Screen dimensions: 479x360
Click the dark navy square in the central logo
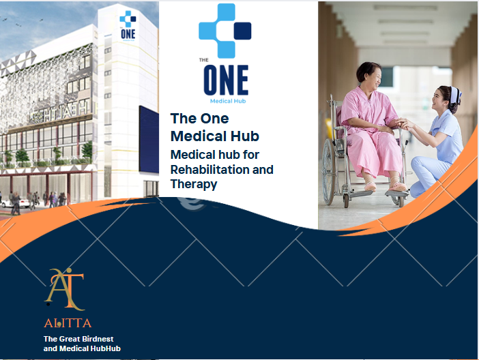(x=242, y=31)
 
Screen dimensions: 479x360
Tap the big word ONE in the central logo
(x=226, y=80)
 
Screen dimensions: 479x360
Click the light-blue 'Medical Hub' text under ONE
(x=228, y=101)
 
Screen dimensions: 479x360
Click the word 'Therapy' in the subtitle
(x=194, y=184)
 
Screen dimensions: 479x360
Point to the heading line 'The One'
(x=199, y=119)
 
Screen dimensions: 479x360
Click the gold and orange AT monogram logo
(x=64, y=289)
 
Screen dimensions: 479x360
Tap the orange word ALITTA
(x=68, y=323)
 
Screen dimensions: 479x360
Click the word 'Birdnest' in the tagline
(x=98, y=339)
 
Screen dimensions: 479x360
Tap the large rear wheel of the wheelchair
(x=330, y=171)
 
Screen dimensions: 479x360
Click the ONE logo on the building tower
(x=128, y=25)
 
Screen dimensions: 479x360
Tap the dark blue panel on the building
(x=149, y=140)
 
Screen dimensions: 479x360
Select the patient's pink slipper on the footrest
(x=397, y=186)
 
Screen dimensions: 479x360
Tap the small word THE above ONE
(x=204, y=60)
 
